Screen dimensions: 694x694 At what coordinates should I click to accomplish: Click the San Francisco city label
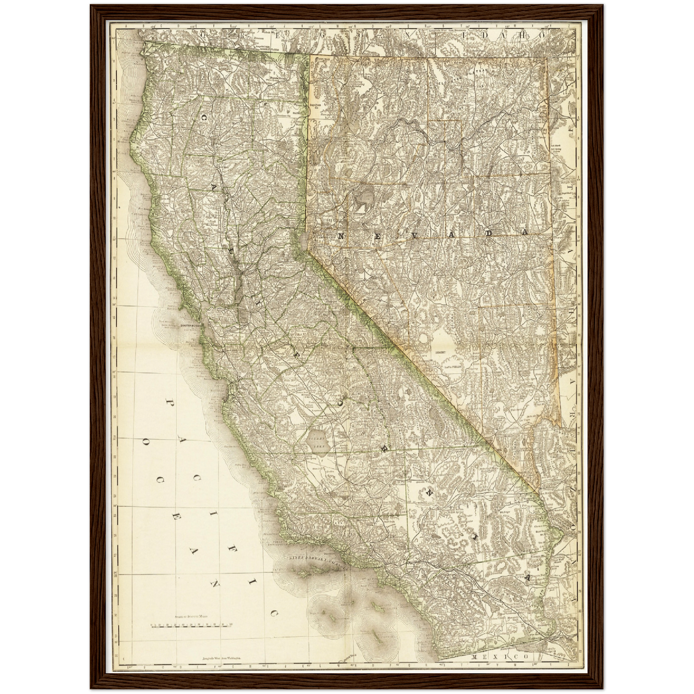click(x=192, y=325)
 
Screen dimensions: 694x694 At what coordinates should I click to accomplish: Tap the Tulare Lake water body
click(x=317, y=442)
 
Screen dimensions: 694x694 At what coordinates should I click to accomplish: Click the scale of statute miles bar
click(x=191, y=626)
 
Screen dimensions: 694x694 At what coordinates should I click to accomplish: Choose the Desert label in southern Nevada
click(x=440, y=352)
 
